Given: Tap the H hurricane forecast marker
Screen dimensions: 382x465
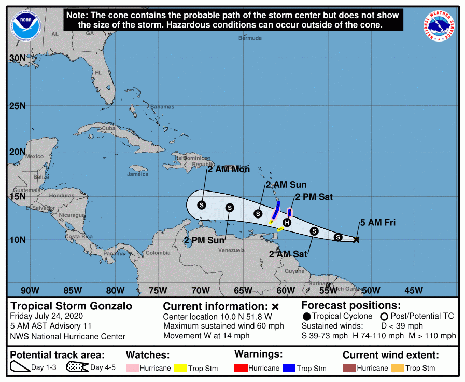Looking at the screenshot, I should (287, 223).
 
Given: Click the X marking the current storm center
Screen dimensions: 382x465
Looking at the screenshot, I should (356, 239).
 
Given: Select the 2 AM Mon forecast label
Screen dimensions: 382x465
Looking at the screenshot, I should (229, 169).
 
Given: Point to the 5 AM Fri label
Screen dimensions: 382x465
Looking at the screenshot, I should (378, 223).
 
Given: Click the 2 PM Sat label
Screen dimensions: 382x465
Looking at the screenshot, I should (314, 197).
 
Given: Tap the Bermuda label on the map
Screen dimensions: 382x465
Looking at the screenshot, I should (250, 38).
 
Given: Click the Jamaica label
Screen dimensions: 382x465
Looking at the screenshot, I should (137, 174).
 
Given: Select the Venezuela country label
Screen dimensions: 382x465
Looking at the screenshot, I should (231, 250).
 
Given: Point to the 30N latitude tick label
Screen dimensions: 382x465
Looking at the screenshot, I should (18, 58).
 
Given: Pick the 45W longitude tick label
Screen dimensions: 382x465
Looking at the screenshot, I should (413, 290).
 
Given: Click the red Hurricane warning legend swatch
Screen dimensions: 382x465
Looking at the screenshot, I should (241, 368).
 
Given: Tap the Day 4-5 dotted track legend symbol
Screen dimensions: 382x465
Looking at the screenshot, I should (77, 367).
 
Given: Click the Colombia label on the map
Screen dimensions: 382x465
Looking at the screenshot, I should (157, 253).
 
